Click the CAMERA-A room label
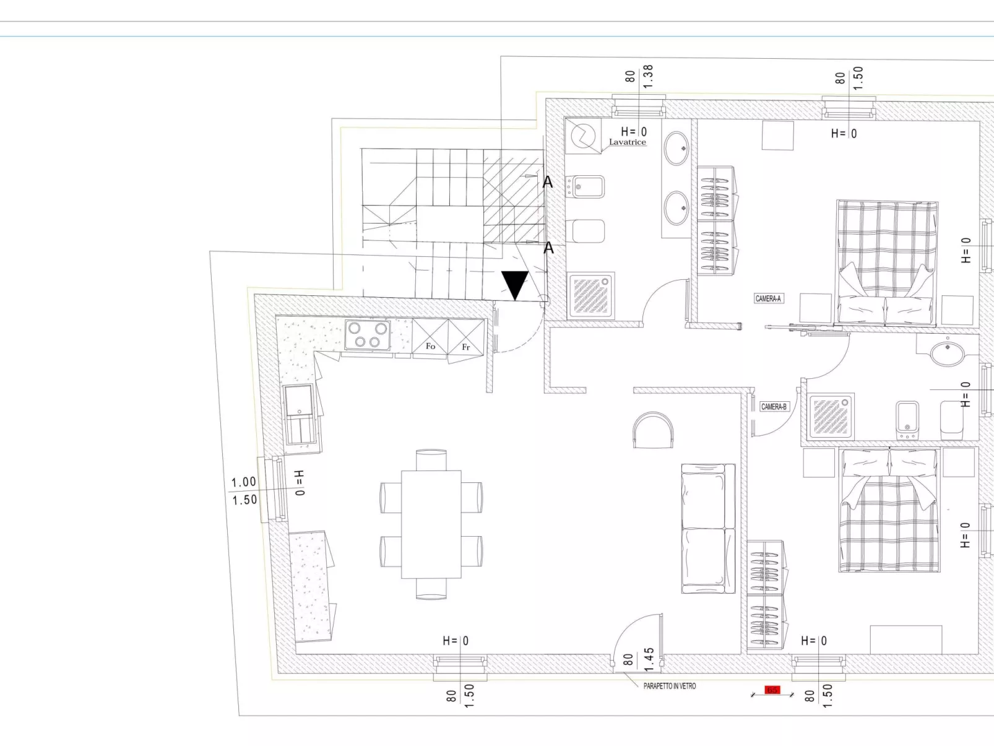tap(768, 298)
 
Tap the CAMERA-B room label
tap(774, 407)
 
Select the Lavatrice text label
tap(627, 142)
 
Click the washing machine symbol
tap(582, 136)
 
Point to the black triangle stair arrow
tap(514, 285)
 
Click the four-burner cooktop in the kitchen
tap(367, 336)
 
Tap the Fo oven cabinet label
tap(431, 346)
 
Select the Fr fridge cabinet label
tap(466, 347)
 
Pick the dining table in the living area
tap(431, 524)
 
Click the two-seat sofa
tap(707, 528)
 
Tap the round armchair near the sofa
tap(653, 430)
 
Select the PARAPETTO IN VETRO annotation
tap(669, 686)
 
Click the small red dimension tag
tap(772, 690)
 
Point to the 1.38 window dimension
tap(648, 76)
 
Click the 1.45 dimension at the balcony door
tap(649, 659)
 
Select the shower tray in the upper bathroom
tap(591, 295)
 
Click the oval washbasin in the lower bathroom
tap(947, 353)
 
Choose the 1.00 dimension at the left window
tap(244, 482)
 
